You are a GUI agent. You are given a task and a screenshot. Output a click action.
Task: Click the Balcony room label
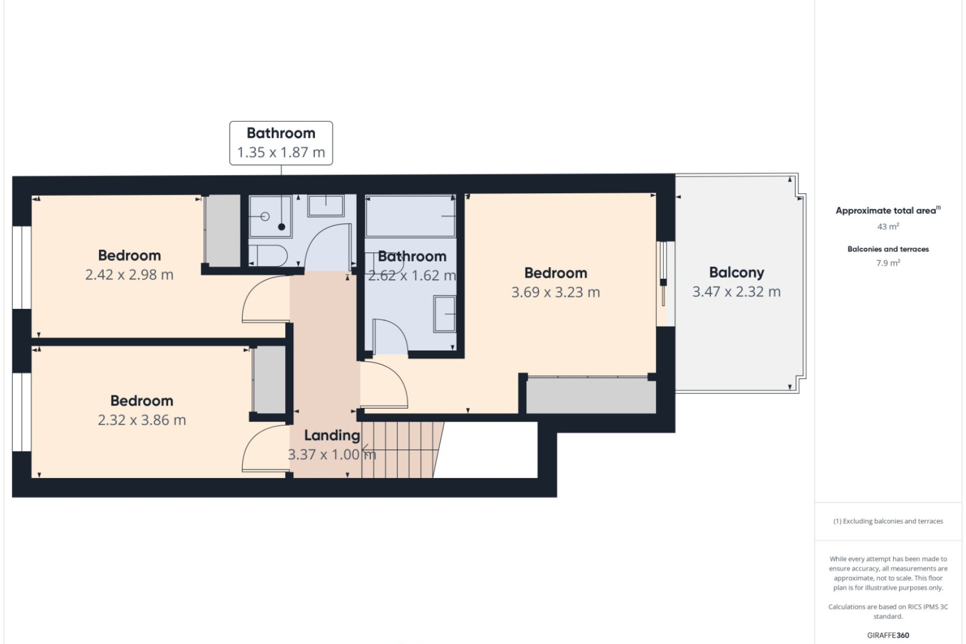tap(736, 273)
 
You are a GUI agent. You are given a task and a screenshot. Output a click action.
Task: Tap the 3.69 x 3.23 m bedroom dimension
tap(555, 292)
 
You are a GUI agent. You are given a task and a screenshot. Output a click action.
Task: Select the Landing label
tap(332, 436)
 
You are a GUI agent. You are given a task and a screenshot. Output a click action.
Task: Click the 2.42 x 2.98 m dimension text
tap(129, 275)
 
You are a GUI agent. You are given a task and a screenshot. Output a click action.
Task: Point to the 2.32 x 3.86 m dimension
tap(142, 420)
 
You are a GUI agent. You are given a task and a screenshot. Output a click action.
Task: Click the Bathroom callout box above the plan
tap(281, 143)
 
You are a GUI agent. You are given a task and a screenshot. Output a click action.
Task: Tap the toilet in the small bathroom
tap(268, 255)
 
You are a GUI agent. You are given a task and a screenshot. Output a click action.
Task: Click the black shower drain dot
tap(282, 227)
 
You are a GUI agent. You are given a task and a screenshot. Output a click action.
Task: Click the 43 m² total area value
tap(888, 226)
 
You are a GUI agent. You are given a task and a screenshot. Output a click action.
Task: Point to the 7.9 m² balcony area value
tap(888, 263)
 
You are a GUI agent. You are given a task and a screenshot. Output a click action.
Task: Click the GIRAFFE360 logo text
tap(888, 635)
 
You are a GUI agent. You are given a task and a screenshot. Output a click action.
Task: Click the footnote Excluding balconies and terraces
tap(888, 521)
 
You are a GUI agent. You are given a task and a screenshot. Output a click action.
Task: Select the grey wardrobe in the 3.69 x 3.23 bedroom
tap(591, 395)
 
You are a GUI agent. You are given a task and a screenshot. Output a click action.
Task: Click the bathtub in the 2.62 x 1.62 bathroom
tap(411, 216)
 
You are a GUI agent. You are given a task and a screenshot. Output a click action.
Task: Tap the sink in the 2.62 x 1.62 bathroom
tap(444, 314)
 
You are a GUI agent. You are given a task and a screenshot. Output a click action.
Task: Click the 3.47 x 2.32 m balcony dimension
tap(736, 292)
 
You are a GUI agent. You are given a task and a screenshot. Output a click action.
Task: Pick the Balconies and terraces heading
tap(888, 249)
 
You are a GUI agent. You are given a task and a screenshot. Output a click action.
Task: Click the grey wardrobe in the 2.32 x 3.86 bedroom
tap(269, 380)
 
